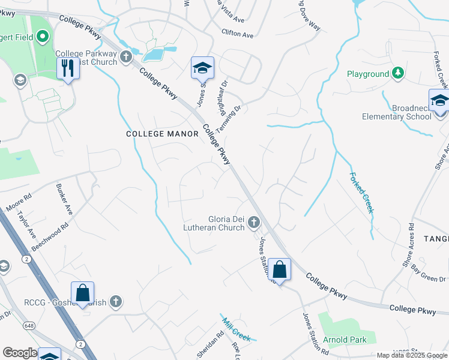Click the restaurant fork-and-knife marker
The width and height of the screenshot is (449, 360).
[x=68, y=68]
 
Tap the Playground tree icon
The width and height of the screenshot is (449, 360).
[x=397, y=74]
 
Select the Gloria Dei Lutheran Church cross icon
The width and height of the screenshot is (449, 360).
[x=253, y=223]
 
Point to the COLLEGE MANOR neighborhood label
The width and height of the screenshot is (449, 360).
[x=162, y=134]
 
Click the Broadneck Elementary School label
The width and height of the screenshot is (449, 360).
[x=396, y=112]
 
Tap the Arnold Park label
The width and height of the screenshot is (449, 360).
[x=345, y=340]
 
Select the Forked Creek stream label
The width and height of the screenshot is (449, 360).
[x=361, y=193]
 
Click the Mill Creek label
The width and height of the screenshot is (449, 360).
[x=235, y=328]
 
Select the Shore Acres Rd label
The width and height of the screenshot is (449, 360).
[x=409, y=244]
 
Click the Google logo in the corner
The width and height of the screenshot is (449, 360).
[x=20, y=353]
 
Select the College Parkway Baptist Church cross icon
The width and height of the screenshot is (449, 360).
[x=125, y=57]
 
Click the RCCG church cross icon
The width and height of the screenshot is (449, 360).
[x=116, y=301]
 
